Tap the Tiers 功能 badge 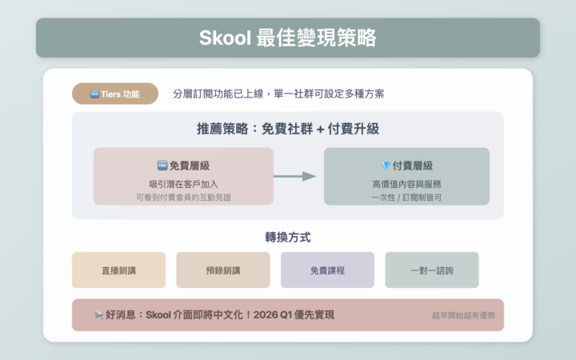point(115,94)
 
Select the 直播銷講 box point(118,270)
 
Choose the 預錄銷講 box point(223,270)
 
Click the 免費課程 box point(327,270)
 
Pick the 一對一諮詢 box point(432,270)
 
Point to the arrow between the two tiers point(295,176)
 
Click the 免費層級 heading point(189,166)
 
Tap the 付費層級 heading point(412,166)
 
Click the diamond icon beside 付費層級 point(385,166)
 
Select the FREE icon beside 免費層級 point(162,166)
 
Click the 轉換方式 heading point(288,237)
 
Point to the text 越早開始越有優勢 point(463,315)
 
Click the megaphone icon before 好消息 point(98,314)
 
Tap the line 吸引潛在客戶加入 point(183,183)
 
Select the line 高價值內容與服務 point(406,183)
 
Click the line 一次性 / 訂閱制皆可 point(406,197)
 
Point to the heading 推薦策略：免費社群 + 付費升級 point(288,129)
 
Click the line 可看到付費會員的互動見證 point(183,197)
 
